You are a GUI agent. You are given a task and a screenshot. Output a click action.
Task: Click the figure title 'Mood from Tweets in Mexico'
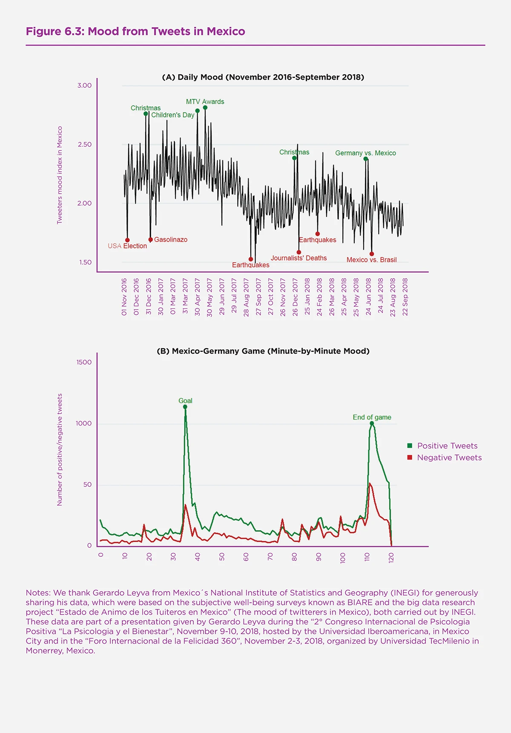[166, 32]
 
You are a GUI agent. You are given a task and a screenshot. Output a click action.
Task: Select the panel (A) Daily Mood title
[263, 77]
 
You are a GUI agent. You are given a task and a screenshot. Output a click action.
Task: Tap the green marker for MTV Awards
[205, 108]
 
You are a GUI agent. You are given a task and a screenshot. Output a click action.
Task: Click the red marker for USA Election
[127, 240]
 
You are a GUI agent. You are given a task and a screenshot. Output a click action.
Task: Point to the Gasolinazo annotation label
[170, 240]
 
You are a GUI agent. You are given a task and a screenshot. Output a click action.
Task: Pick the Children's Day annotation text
[172, 115]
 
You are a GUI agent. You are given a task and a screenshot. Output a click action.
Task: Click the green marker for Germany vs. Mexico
[366, 159]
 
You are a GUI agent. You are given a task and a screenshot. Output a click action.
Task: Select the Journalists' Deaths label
[299, 258]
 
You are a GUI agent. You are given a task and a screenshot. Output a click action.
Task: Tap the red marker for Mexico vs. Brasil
[372, 254]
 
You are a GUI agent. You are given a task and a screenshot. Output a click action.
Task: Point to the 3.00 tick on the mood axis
[84, 86]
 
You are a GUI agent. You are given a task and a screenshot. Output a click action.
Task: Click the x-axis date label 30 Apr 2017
[198, 297]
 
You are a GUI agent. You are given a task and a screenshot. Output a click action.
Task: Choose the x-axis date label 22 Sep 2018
[405, 297]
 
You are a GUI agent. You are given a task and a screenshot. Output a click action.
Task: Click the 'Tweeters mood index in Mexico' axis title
[60, 175]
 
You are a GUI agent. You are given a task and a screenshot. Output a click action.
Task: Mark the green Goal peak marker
[185, 407]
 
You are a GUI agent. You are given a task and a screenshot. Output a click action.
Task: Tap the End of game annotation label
[372, 417]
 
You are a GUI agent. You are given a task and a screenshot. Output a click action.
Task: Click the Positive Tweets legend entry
[447, 446]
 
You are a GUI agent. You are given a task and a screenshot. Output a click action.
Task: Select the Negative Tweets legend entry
[449, 458]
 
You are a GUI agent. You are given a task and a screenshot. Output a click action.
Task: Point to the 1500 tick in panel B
[84, 362]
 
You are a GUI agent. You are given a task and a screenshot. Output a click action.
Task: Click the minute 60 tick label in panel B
[246, 557]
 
